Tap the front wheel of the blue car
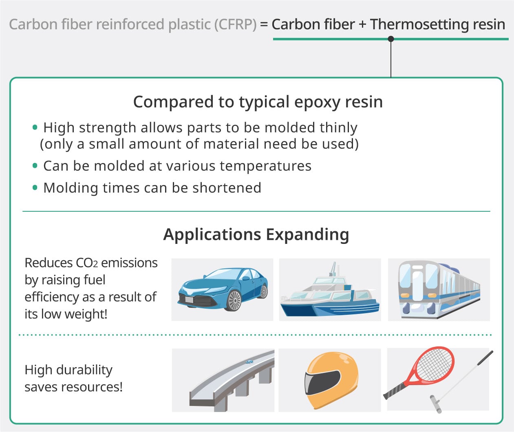coord(234,301)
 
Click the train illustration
coord(438,289)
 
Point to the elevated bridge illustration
coord(228,381)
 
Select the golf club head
coord(435,404)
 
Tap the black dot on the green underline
coord(391,39)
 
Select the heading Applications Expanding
coord(256,235)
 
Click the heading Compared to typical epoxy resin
coord(258,102)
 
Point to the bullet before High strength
coord(35,127)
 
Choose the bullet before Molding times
coord(35,188)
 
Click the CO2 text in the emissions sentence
coord(87,263)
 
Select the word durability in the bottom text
coord(84,370)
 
